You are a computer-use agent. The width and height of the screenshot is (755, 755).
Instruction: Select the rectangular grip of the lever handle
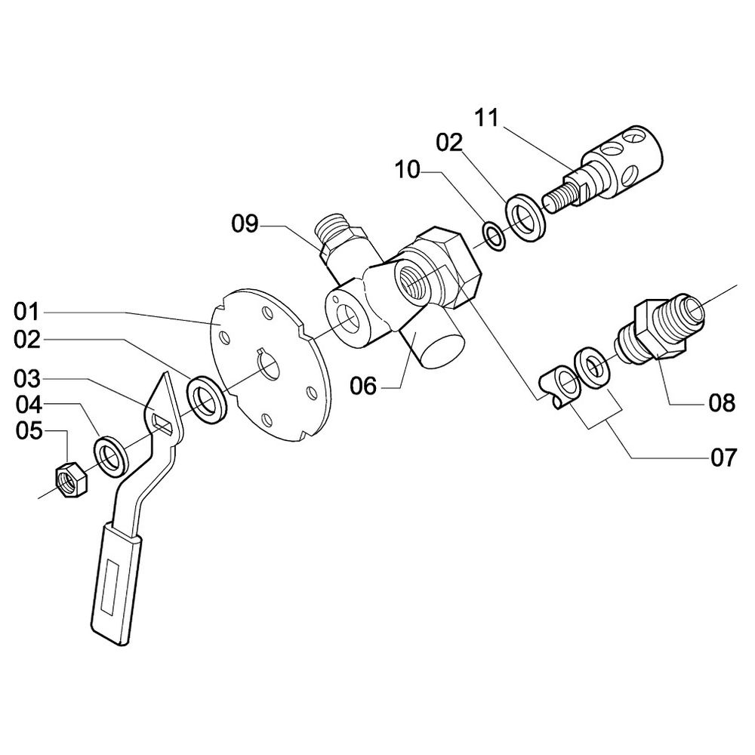click(114, 585)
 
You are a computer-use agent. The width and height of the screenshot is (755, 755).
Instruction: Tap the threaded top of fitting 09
click(332, 224)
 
